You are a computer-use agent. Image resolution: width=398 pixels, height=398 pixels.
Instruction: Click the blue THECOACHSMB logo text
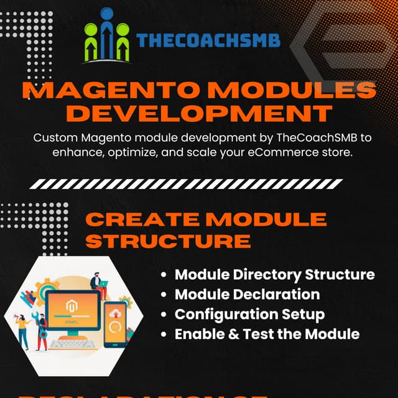click(208, 41)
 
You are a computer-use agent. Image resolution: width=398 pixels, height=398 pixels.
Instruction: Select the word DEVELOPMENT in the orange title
click(198, 114)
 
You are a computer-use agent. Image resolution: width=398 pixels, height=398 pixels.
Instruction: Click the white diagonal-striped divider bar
click(198, 184)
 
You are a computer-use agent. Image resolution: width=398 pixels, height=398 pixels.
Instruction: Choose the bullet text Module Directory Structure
click(274, 274)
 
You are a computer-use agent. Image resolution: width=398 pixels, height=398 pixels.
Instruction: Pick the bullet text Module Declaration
click(247, 294)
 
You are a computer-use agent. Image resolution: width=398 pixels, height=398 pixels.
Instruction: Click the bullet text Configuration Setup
click(249, 314)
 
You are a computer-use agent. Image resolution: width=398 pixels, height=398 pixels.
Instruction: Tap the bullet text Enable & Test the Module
click(267, 334)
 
